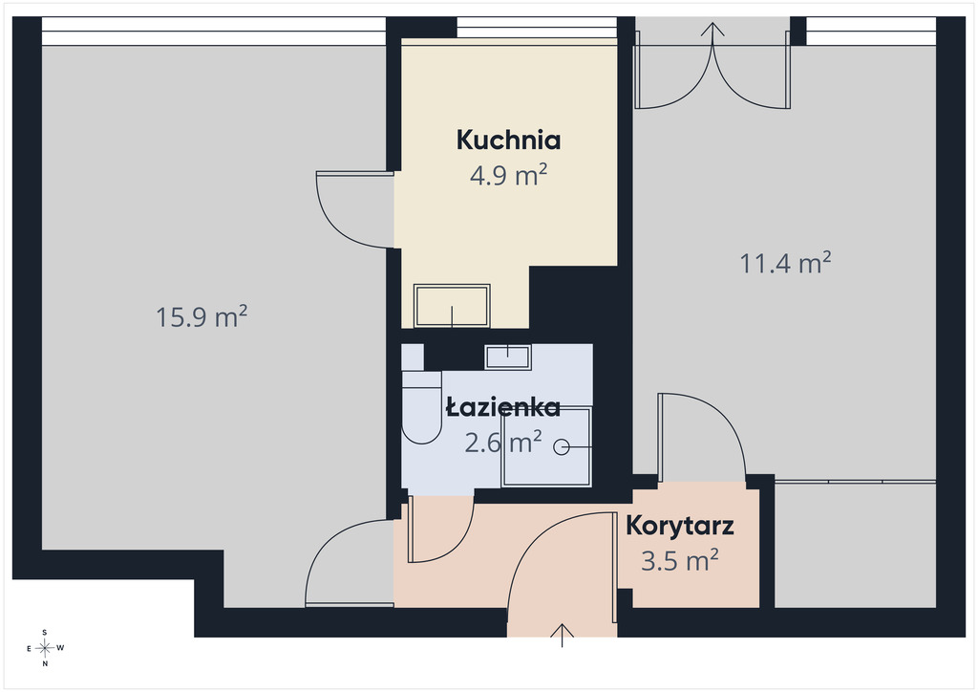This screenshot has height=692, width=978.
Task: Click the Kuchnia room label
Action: (508, 140)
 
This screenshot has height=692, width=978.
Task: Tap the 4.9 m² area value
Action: (508, 175)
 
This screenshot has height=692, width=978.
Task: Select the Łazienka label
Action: (503, 407)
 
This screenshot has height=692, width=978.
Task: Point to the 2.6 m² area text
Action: (503, 443)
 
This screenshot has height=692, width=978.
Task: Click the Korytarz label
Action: (680, 526)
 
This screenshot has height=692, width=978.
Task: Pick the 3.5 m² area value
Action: (680, 560)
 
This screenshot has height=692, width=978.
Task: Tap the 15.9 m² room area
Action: (202, 317)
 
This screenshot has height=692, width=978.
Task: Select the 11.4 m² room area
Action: (785, 263)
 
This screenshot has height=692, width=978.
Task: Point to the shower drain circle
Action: (562, 446)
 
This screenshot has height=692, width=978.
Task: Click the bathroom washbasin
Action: (508, 357)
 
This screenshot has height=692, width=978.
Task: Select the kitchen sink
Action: (452, 306)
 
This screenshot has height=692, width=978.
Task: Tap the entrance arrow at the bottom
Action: (562, 636)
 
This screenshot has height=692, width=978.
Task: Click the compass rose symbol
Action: (45, 648)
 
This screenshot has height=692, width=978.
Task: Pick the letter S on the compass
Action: (45, 632)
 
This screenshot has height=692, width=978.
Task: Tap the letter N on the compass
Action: (45, 664)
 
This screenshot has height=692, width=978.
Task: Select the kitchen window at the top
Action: (537, 28)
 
